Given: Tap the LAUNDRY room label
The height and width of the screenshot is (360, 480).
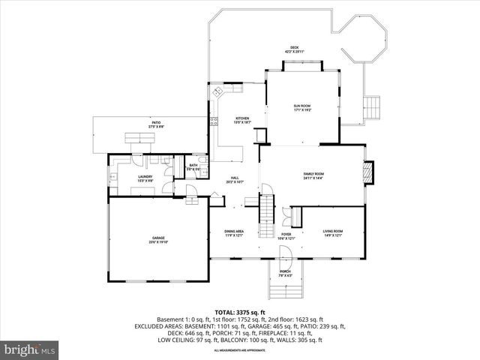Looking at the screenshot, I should click(145, 178).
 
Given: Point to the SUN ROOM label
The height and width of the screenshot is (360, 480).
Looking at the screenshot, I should click(301, 108).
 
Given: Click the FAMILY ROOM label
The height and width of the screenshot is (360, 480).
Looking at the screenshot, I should click(313, 175).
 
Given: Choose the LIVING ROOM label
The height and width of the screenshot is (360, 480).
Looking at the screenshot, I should click(332, 232).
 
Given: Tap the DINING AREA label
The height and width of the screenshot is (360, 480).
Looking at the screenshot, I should click(234, 233).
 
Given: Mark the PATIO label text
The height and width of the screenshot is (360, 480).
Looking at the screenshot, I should click(156, 124).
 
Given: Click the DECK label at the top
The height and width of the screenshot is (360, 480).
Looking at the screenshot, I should click(293, 50).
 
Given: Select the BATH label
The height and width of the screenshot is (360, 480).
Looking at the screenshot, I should click(193, 166).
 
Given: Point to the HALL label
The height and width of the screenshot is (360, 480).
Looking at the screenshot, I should click(234, 179).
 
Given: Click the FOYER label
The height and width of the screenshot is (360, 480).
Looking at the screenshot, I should click(286, 235).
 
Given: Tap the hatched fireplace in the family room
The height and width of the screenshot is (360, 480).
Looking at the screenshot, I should click(367, 172).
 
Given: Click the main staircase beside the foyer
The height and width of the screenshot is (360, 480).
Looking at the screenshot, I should click(267, 214).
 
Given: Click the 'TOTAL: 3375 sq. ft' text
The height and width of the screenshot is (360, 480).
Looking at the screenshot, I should click(239, 312).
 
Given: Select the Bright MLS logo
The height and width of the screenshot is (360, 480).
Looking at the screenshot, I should click(30, 349).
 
